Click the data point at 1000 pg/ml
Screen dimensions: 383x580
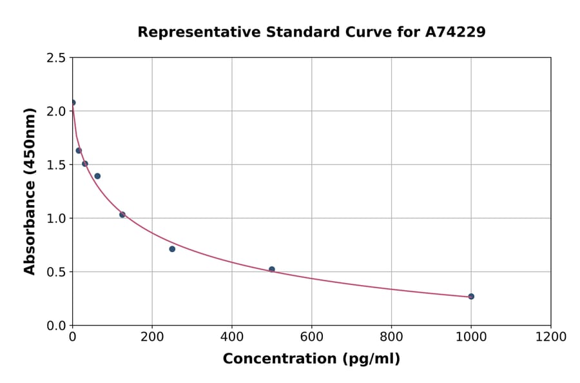click(x=471, y=297)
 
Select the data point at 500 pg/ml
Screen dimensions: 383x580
click(x=272, y=270)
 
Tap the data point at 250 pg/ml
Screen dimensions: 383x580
click(x=172, y=249)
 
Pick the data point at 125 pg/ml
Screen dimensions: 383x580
click(x=122, y=215)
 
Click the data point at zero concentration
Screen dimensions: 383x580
click(x=73, y=103)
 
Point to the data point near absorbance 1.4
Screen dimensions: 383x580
click(x=97, y=176)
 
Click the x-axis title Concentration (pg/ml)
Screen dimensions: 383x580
click(x=311, y=359)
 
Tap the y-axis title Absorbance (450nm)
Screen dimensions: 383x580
click(x=30, y=191)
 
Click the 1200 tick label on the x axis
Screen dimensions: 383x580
click(x=550, y=337)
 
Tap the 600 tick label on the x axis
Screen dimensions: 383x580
click(x=311, y=337)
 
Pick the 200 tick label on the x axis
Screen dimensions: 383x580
click(x=152, y=337)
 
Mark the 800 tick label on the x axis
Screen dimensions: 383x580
click(x=391, y=337)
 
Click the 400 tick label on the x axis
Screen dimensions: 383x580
click(x=232, y=337)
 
